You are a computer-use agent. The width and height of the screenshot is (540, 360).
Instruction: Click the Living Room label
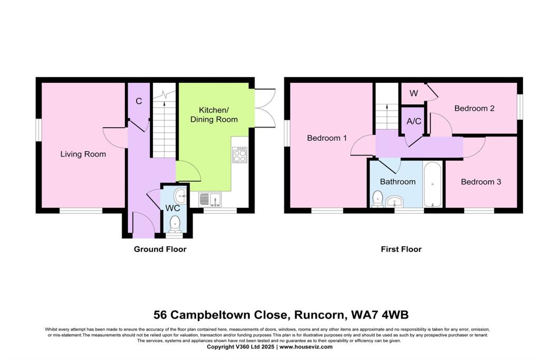83,154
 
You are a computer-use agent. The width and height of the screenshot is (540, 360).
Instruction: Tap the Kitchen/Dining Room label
218,115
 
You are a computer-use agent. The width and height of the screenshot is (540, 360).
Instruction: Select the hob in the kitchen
239,155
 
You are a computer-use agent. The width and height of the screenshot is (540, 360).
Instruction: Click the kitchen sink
210,200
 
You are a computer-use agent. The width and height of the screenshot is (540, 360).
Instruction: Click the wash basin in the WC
181,194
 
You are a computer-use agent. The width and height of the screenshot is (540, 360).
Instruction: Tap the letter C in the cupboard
139,101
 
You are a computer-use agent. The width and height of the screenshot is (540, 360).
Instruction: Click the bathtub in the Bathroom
432,184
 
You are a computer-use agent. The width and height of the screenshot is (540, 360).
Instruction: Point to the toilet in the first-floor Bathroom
377,199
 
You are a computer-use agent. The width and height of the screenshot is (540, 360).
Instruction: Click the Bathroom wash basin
394,201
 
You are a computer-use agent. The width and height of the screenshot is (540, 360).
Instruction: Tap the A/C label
414,121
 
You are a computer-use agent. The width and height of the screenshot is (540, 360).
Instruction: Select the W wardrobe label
414,93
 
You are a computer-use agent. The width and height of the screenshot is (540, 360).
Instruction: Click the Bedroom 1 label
327,138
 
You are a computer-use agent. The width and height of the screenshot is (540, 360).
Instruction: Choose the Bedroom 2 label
474,109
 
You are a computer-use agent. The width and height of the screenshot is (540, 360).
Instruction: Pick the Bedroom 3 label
480,182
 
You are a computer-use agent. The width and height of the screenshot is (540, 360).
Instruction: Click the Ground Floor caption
160,249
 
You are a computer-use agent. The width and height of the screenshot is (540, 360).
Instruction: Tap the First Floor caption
401,249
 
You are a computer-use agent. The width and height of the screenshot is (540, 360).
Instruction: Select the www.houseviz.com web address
306,347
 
